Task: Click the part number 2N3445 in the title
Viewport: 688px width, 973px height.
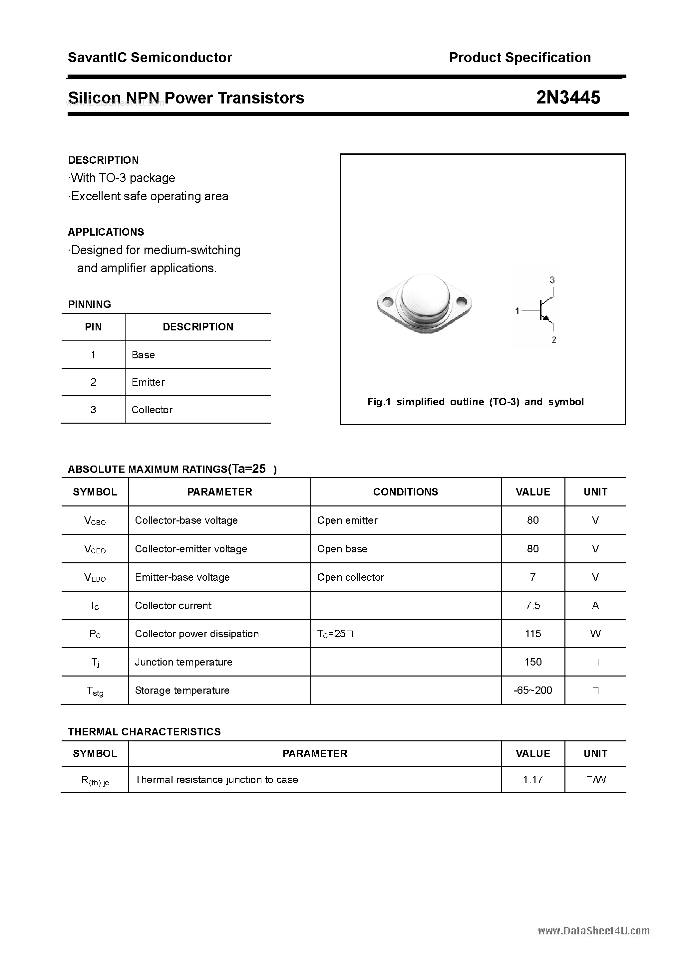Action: point(568,97)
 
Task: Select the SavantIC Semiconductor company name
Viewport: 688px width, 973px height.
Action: point(150,58)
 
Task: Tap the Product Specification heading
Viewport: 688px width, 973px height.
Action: point(519,58)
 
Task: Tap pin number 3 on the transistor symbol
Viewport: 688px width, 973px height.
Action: point(552,280)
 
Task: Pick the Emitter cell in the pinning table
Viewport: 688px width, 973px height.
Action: point(148,382)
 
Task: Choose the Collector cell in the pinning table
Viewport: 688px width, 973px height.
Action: point(152,410)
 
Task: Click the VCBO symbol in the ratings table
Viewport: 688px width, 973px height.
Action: point(95,521)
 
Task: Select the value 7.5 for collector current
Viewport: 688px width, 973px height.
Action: point(533,606)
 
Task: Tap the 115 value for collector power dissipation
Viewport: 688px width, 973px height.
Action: point(533,634)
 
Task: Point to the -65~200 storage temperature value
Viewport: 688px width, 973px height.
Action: point(533,690)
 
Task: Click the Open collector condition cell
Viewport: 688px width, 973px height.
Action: point(350,577)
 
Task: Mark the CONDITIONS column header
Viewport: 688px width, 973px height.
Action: point(406,492)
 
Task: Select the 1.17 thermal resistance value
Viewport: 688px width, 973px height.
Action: point(533,780)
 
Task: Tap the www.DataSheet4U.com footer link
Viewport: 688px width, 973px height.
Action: point(594,931)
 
